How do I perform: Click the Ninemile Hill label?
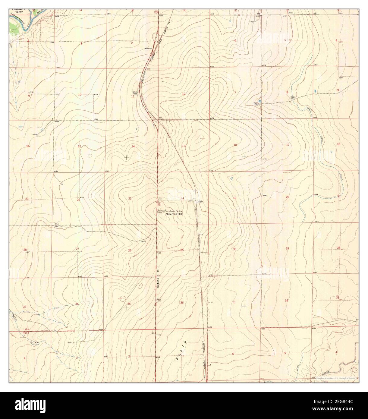[x=174, y=214]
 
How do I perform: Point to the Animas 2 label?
[x=162, y=210]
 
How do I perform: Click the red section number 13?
[x=183, y=146]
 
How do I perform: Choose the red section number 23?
[x=130, y=198]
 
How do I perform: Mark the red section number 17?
[x=288, y=145]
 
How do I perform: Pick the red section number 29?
[x=287, y=248]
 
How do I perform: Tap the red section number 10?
[x=80, y=95]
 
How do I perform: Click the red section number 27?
[x=77, y=249]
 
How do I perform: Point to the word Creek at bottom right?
[x=327, y=365]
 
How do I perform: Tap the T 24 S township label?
[x=26, y=330]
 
